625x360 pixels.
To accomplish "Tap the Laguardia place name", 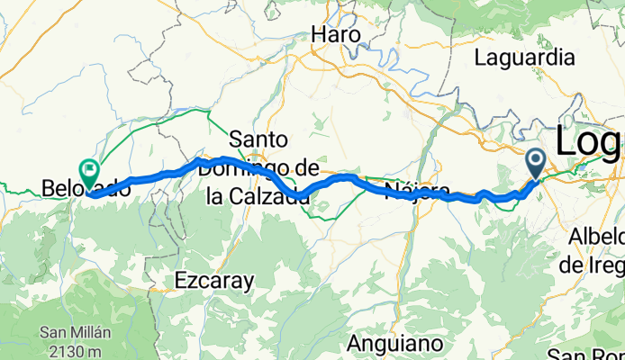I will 524,58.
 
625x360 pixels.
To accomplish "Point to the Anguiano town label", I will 394,344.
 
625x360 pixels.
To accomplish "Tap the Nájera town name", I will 417,190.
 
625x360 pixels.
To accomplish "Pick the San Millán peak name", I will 75,331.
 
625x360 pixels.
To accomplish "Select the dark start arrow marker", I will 535,162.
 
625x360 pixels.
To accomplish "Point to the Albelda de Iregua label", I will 596,251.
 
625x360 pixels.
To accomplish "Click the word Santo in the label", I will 258,139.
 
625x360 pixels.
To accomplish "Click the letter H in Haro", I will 317,35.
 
